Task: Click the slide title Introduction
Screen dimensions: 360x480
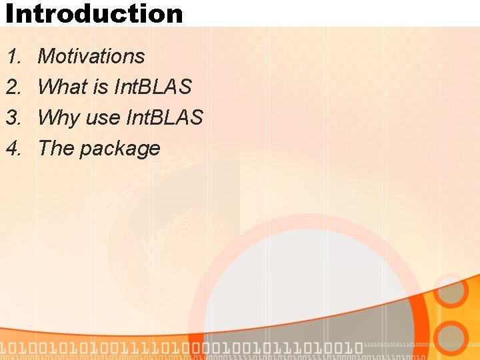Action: point(93,13)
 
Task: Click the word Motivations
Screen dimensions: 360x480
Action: point(91,57)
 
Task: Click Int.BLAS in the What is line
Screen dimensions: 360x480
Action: point(152,87)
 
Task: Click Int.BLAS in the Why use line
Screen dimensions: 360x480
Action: point(164,118)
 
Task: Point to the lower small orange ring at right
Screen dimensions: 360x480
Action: point(452,339)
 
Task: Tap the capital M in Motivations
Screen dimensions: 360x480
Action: point(47,57)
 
